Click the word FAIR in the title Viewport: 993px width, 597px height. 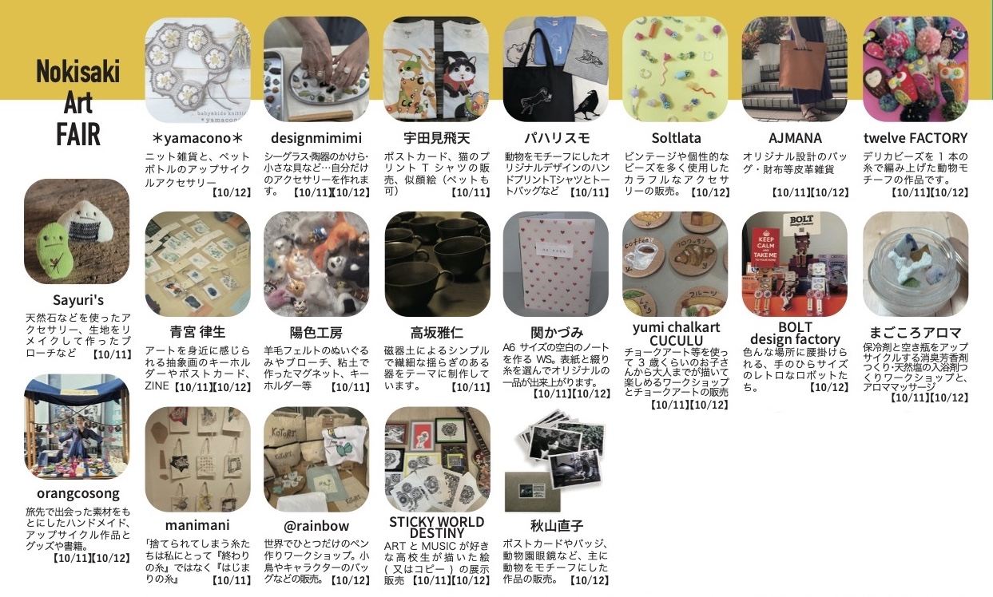coord(78,135)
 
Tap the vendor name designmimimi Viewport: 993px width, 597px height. coord(316,138)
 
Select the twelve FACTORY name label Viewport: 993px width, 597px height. coord(916,138)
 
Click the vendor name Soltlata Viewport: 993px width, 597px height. coord(676,138)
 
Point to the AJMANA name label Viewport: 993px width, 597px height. coord(795,138)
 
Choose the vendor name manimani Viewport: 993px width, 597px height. coord(197,525)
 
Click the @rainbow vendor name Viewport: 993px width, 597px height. coord(316,526)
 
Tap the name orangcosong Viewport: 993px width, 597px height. coord(78,493)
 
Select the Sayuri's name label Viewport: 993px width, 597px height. coord(78,300)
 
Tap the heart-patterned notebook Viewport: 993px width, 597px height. coord(555,264)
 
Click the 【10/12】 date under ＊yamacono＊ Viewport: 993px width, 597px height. coord(231,192)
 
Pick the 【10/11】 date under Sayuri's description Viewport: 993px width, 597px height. coord(111,354)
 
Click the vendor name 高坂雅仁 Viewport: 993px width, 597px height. coord(437,332)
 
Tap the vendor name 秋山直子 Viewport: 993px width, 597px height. coord(556,526)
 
